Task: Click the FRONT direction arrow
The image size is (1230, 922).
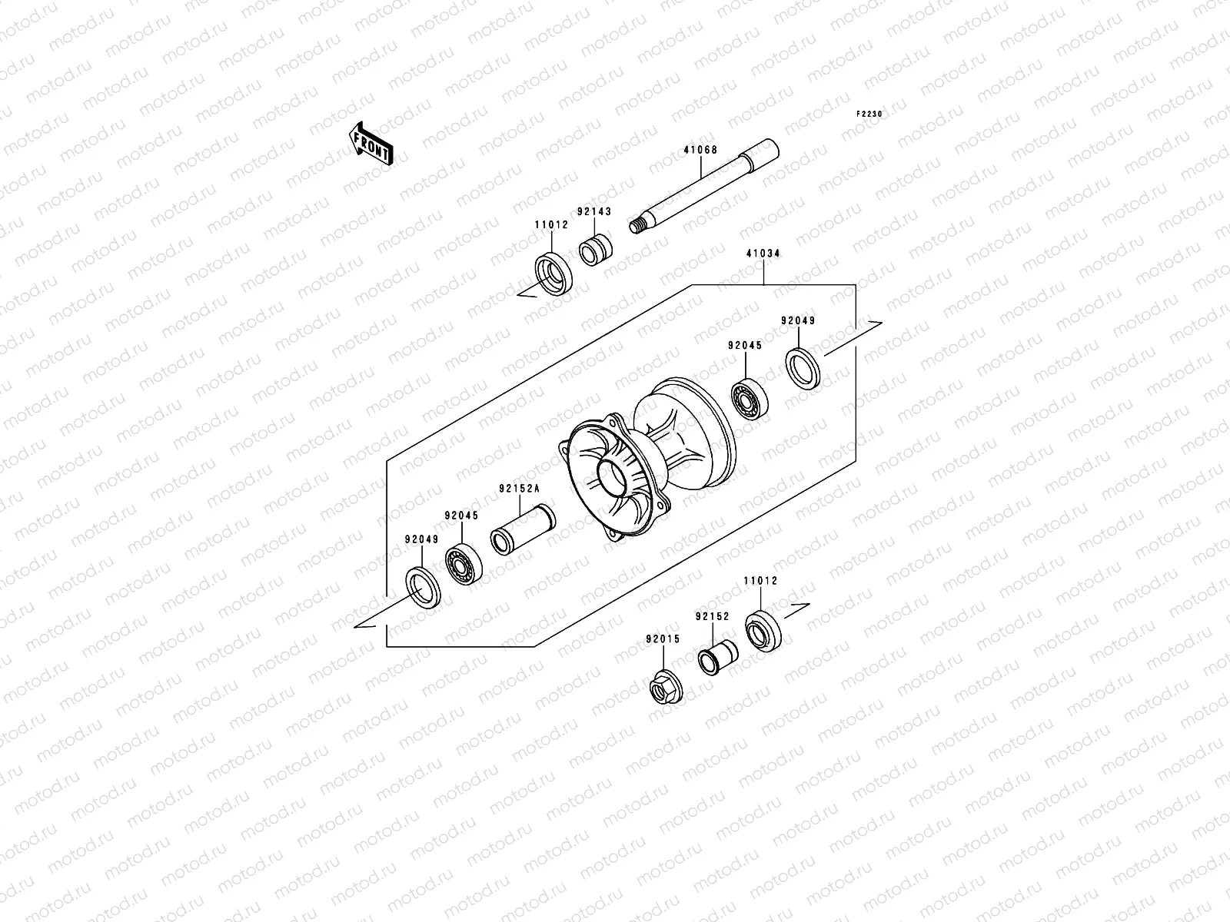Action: click(372, 143)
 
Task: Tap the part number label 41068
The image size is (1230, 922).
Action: click(700, 151)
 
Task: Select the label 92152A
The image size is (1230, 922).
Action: click(519, 488)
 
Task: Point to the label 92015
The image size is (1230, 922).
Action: click(662, 639)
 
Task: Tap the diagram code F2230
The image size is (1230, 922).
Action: click(870, 114)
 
